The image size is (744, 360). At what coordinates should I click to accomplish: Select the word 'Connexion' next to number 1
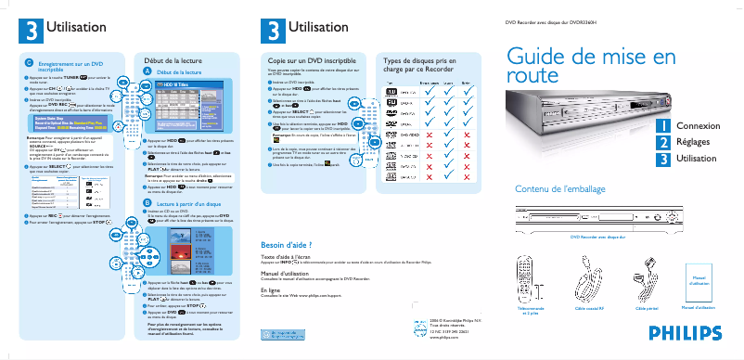[697, 125]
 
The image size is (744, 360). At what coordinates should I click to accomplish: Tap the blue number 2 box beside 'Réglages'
[663, 143]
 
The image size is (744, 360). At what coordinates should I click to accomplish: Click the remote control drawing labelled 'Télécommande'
[530, 276]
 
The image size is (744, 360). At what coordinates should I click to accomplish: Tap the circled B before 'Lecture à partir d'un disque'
[147, 201]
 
